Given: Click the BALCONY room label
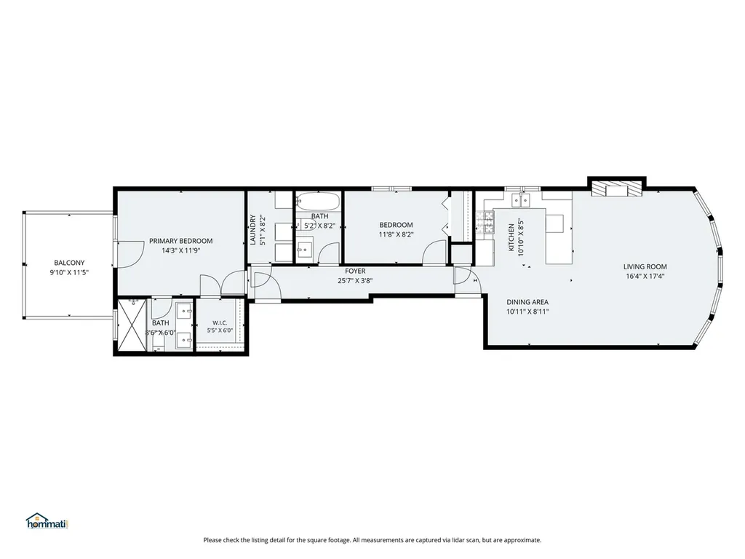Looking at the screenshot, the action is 69,263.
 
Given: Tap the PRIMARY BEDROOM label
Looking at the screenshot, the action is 181,241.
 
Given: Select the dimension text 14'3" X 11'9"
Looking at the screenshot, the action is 181,250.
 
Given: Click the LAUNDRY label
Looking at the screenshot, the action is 253,230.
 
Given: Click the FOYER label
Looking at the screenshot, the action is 355,271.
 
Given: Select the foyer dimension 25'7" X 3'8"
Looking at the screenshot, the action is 355,281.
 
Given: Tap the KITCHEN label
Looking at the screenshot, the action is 511,238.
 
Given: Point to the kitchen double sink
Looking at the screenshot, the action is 520,200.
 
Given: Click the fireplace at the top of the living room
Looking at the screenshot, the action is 617,189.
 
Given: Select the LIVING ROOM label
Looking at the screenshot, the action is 645,266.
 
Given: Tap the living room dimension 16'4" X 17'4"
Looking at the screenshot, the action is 645,276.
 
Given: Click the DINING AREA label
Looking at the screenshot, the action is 527,302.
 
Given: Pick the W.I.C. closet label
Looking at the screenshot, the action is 220,322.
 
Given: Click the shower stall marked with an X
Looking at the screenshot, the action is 132,325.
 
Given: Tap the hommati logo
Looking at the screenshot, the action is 47,521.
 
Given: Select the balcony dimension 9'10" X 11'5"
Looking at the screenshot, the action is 69,273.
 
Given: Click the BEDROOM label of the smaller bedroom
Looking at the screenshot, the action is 396,225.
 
